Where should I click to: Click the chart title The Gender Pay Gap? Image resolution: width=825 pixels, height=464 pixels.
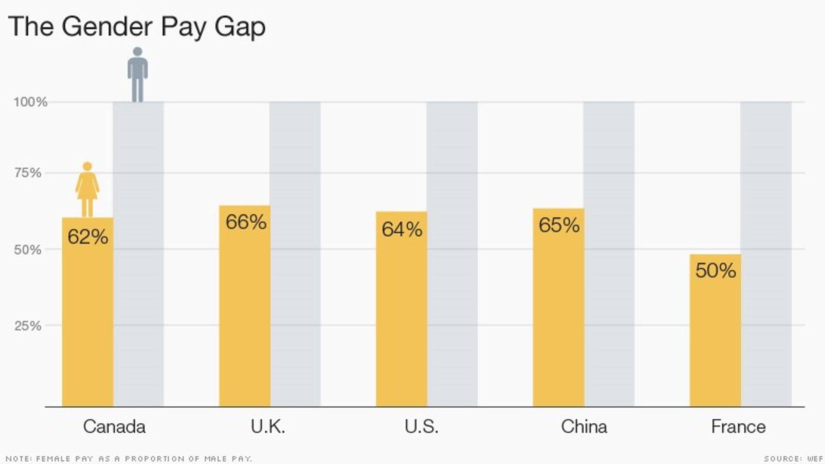(x=137, y=27)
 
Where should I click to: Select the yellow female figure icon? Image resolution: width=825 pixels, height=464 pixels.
(x=87, y=189)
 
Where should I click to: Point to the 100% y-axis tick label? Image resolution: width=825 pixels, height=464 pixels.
(x=30, y=102)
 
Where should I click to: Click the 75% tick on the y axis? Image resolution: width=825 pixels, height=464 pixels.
(x=28, y=173)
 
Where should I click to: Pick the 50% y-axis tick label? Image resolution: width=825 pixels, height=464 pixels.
(x=28, y=250)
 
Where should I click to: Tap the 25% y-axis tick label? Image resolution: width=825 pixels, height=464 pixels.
(x=28, y=326)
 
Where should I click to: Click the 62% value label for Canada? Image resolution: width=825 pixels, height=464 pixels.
(x=88, y=237)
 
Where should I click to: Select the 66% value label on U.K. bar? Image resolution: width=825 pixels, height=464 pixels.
(x=246, y=222)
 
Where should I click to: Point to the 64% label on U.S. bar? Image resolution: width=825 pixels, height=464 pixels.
(x=402, y=229)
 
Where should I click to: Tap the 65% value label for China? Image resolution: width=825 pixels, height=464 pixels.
(x=559, y=225)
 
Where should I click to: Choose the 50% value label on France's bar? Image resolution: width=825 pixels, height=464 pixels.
(x=715, y=271)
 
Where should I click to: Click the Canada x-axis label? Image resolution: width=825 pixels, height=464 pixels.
(x=114, y=427)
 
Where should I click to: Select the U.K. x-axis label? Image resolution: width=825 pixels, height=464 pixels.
(x=268, y=427)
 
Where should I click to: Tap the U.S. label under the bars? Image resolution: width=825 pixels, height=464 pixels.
(x=422, y=427)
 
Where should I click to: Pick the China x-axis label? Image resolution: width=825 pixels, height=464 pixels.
(x=584, y=427)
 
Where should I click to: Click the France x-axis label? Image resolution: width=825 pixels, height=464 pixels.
(x=738, y=427)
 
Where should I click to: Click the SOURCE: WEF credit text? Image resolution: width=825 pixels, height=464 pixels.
(x=793, y=459)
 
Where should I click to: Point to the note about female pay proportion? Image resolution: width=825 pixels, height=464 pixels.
(x=129, y=459)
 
